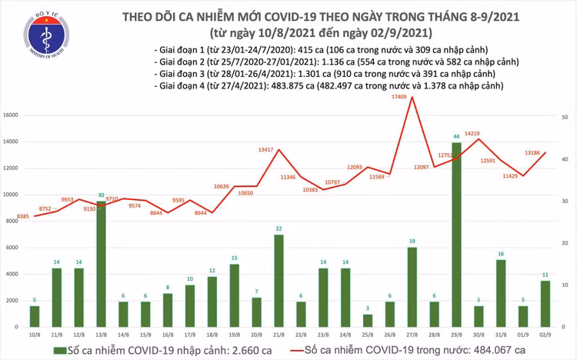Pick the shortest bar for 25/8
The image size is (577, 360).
(x=367, y=321)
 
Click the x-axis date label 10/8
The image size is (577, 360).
(x=35, y=336)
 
